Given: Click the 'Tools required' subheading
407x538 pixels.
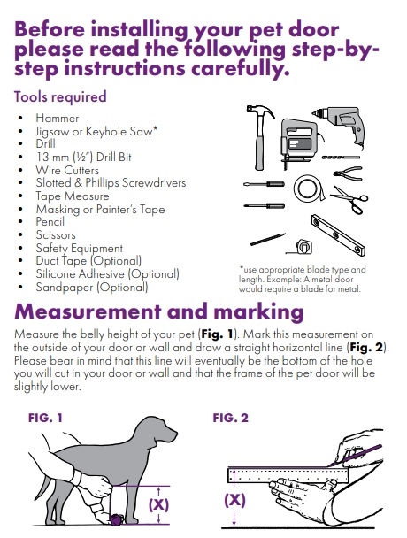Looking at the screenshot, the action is point(60,96).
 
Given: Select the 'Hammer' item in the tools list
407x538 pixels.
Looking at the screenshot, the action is point(58,119).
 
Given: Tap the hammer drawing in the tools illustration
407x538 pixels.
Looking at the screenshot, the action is point(260,137).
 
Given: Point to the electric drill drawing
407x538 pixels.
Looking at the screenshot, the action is point(340,124).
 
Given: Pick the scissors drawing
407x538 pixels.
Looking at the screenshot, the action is point(349,200).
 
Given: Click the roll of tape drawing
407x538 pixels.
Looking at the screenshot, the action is point(309,188).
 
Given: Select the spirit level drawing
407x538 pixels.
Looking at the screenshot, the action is point(338,235).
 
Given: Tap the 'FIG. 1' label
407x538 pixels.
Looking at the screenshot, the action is point(45,418).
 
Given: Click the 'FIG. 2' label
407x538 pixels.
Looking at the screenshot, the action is point(230,418).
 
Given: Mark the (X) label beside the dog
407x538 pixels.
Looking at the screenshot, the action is point(158,504).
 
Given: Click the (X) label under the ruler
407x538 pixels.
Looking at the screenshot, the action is point(234,500).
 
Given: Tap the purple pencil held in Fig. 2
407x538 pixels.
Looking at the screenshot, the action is point(355,456).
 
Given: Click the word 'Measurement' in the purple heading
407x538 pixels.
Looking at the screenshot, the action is point(88,311).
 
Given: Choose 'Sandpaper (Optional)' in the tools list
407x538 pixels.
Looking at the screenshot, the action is point(92,287).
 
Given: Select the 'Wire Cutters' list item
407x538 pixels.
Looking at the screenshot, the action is point(67,170).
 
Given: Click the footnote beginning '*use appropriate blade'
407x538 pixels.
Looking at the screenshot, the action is point(302,279).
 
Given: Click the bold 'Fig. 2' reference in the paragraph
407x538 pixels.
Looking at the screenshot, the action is point(365,347).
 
